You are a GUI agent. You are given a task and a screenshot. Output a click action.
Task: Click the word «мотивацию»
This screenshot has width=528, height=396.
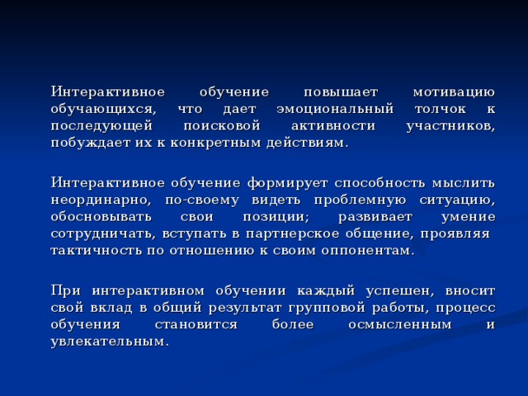[x=453, y=92]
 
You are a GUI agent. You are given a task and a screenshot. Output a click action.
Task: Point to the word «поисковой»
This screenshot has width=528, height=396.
[x=218, y=126]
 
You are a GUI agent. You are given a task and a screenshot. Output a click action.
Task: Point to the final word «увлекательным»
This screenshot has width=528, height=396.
[x=108, y=341]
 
